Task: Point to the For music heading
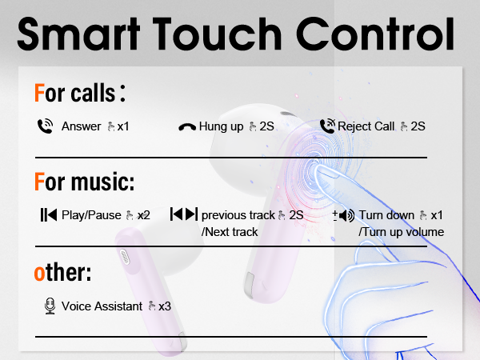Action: pyautogui.click(x=84, y=182)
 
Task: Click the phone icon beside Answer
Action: pyautogui.click(x=45, y=126)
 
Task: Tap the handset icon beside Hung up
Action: pyautogui.click(x=187, y=126)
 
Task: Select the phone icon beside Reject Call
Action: pyautogui.click(x=326, y=126)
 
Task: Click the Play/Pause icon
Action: pyautogui.click(x=49, y=214)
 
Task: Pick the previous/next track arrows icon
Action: pyautogui.click(x=183, y=214)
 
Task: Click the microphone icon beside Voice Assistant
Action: pyautogui.click(x=49, y=306)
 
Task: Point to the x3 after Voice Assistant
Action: pyautogui.click(x=165, y=306)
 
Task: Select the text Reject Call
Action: pyautogui.click(x=366, y=126)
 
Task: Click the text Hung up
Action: pyautogui.click(x=222, y=126)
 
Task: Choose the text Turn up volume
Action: pyautogui.click(x=401, y=232)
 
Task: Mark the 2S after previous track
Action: pyautogui.click(x=296, y=215)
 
